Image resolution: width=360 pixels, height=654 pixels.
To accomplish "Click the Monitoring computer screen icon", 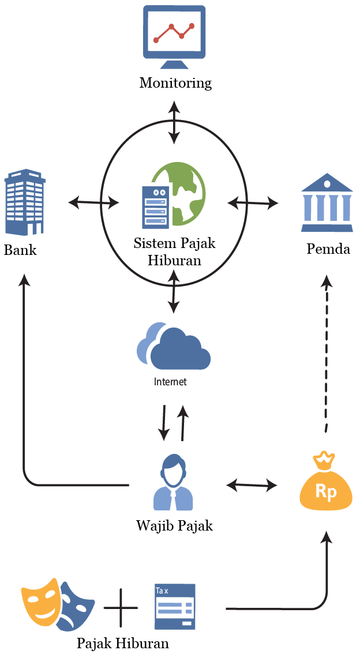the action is coord(174,37).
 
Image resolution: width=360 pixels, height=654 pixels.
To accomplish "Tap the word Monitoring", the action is coord(175,82).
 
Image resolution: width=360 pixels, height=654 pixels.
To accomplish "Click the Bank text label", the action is coord(20,250).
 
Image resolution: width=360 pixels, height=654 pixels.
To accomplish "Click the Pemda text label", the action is coord(328,249).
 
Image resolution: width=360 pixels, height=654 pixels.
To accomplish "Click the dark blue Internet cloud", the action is coord(180,348).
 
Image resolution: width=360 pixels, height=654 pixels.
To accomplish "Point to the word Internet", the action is coord(170,381).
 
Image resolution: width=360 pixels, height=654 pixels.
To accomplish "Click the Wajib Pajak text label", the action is coord(174,525).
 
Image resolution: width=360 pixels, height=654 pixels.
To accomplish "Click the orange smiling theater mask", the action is coord(41,597).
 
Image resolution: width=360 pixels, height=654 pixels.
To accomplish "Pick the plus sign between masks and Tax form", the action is coord(121,607).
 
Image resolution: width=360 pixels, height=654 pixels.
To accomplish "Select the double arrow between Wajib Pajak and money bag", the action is coord(252,484).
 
